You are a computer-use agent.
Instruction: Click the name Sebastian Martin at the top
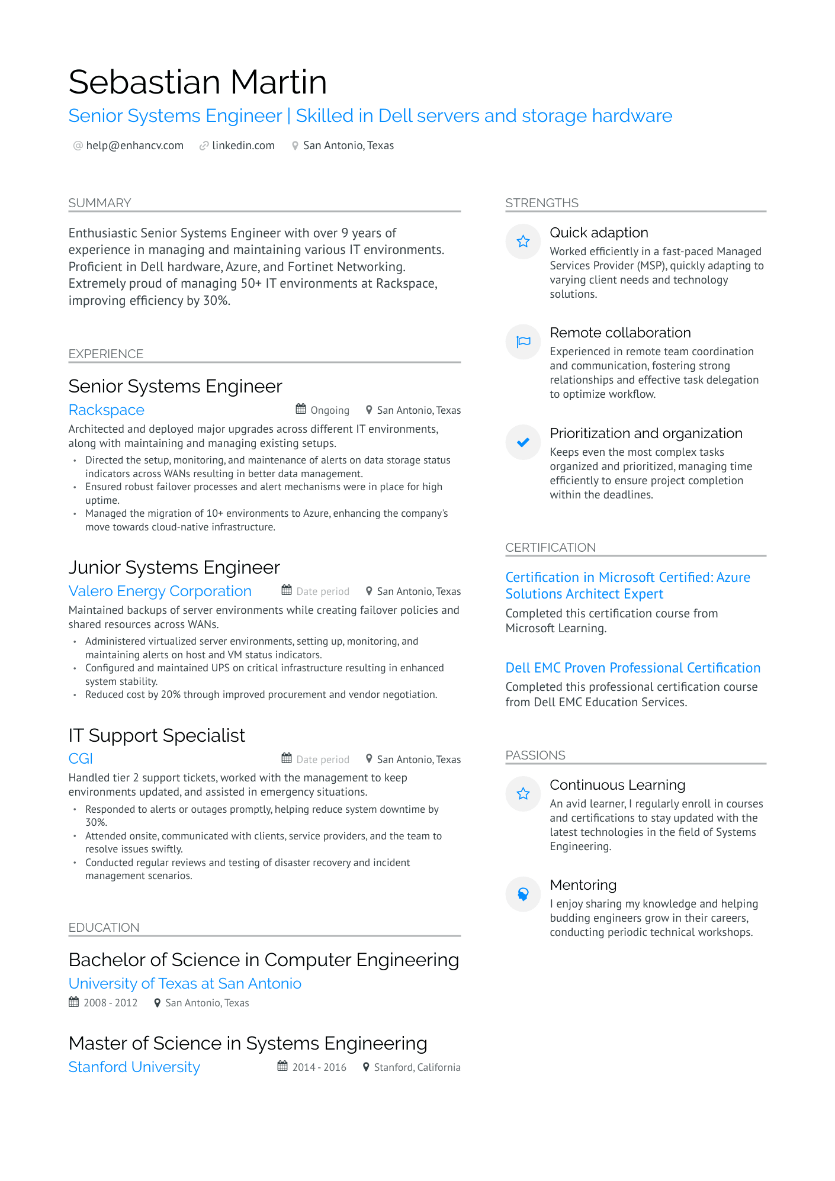tap(198, 82)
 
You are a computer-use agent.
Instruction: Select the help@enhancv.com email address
tap(134, 146)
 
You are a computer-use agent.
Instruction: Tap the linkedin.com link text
tap(243, 146)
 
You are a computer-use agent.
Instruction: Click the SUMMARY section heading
tap(99, 203)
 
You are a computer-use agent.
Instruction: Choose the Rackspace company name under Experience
tap(107, 410)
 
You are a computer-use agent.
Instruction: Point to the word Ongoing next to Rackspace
tap(330, 410)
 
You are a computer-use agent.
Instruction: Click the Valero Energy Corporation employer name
tap(160, 591)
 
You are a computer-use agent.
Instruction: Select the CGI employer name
tap(81, 759)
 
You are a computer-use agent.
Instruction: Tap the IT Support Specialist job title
tap(156, 735)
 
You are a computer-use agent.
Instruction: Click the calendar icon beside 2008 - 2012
tap(74, 1002)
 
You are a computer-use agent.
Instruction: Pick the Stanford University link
tap(134, 1067)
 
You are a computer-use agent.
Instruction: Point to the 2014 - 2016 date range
tap(319, 1067)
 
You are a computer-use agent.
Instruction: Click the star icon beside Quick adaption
tap(523, 242)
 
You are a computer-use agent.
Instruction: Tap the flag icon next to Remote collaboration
tap(523, 342)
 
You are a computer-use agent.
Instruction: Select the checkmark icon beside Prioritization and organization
tap(523, 442)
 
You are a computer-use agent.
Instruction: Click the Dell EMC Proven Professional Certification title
tap(632, 668)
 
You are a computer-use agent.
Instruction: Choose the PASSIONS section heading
tap(535, 755)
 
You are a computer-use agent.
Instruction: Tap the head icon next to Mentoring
tap(523, 894)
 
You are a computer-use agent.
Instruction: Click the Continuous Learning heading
tap(617, 785)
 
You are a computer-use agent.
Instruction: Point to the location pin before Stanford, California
tap(367, 1067)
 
